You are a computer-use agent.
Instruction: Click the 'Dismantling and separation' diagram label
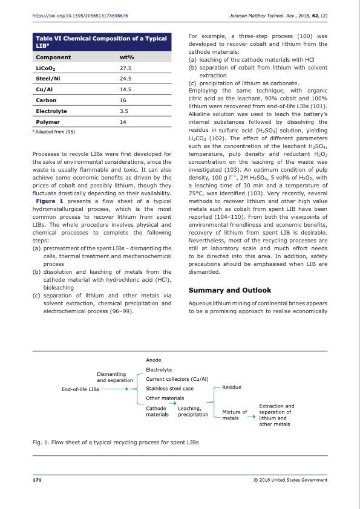[x=115, y=377]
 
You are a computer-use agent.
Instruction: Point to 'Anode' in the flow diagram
[x=154, y=359]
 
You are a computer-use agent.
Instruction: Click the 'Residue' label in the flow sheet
[x=232, y=387]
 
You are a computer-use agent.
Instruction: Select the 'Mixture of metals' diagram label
[x=235, y=415]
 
